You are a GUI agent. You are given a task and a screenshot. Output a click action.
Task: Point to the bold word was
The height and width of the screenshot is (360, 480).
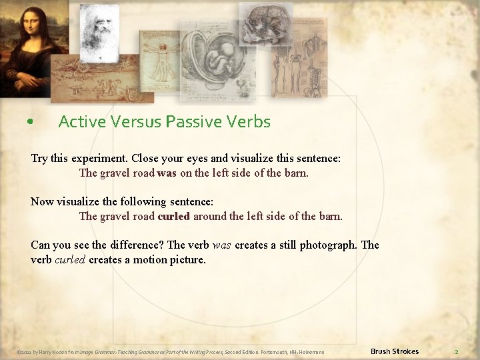click(167, 173)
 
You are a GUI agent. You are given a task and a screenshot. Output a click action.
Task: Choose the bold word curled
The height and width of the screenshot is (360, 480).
click(173, 216)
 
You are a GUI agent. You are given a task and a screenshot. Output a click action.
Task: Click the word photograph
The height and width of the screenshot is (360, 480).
click(328, 245)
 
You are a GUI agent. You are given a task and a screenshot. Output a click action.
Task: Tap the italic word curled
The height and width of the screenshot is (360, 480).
click(69, 259)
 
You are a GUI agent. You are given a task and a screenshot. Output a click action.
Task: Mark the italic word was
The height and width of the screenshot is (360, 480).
click(221, 245)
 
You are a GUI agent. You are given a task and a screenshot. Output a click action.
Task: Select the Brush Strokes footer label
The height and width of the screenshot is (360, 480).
click(394, 351)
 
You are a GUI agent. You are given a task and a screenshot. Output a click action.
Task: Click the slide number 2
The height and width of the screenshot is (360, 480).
click(457, 351)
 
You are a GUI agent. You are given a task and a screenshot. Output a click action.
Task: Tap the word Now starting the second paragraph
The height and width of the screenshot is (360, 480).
click(43, 201)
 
